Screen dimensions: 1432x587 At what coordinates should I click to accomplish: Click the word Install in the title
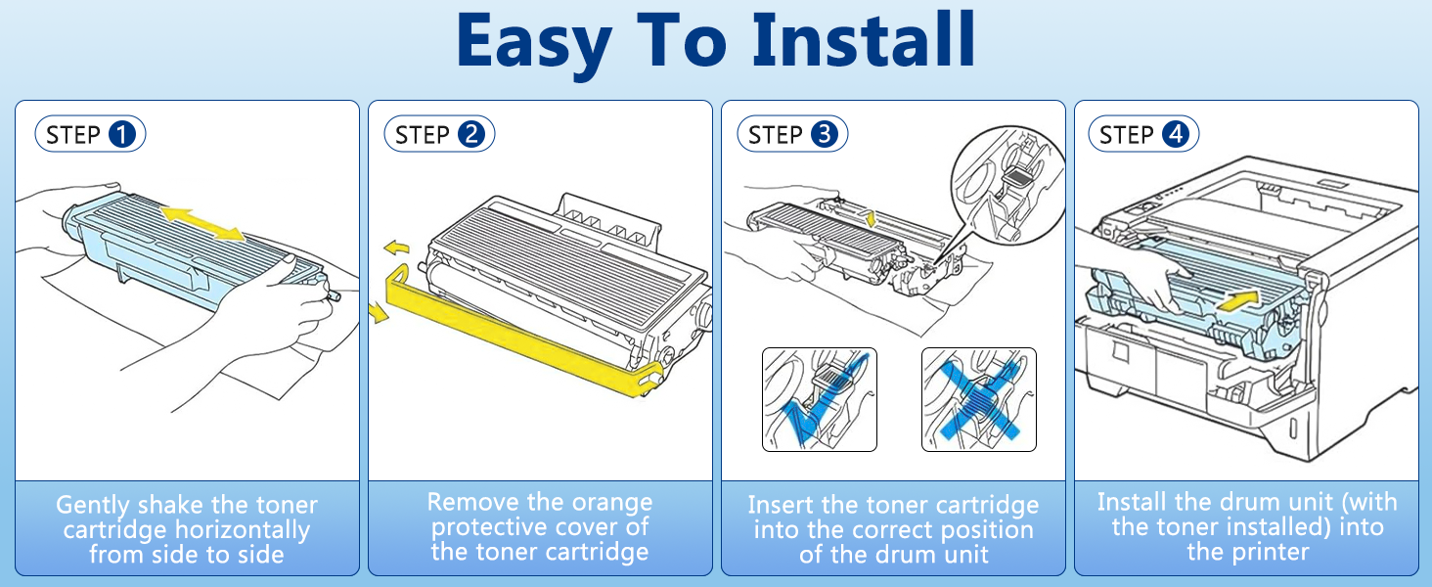(864, 40)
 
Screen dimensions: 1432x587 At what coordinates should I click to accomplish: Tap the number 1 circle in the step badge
(122, 134)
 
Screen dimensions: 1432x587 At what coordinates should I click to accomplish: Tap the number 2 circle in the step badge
(471, 134)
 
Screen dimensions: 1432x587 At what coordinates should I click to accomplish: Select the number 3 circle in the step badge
(825, 134)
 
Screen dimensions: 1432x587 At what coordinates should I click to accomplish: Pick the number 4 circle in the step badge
(1176, 134)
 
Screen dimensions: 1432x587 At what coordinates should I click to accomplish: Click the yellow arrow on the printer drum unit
(1237, 300)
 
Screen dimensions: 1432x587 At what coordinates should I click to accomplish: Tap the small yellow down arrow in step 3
(871, 218)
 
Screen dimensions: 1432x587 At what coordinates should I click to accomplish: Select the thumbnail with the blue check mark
(820, 399)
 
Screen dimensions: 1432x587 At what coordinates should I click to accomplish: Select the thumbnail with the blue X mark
(979, 399)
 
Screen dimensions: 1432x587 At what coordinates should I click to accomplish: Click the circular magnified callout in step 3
(1008, 184)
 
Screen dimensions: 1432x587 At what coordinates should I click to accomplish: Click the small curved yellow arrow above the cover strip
(396, 247)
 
